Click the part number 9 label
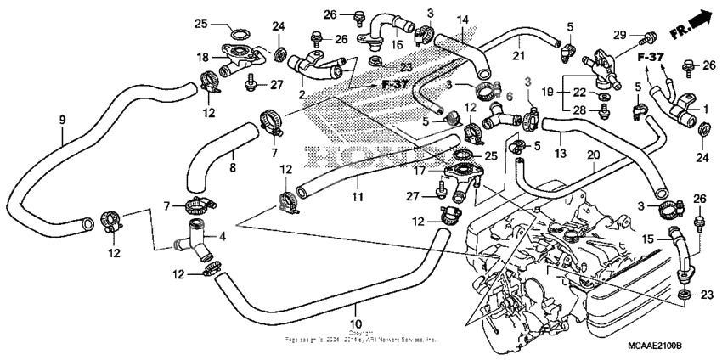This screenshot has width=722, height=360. (61, 121)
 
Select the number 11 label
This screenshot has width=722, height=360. (358, 197)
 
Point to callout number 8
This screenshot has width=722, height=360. (233, 169)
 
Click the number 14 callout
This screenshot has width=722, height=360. (462, 20)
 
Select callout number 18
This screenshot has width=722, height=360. (203, 57)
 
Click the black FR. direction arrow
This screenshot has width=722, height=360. (698, 18)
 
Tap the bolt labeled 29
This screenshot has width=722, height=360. (651, 37)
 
